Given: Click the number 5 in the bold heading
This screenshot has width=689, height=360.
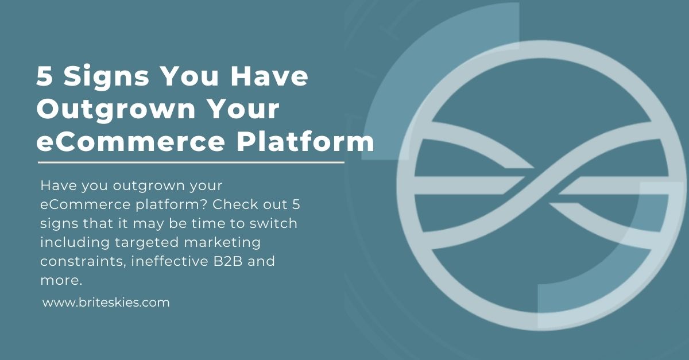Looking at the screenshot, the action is click(44, 76).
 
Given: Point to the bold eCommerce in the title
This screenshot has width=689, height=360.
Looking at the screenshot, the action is click(131, 142).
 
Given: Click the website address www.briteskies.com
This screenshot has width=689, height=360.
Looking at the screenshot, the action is click(106, 303).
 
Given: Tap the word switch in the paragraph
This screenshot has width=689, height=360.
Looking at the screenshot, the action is click(273, 223).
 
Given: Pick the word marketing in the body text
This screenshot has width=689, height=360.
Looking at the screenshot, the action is click(222, 243).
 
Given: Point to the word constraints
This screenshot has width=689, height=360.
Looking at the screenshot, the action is click(83, 262).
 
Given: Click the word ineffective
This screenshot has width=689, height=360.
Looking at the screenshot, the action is click(170, 261).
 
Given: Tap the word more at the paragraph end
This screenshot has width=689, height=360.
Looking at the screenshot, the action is click(61, 281).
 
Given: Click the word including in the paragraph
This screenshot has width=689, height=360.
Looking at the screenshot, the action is click(75, 243).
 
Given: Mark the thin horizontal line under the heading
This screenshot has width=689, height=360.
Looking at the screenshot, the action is click(191, 162).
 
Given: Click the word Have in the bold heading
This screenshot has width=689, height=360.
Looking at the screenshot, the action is click(269, 76).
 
